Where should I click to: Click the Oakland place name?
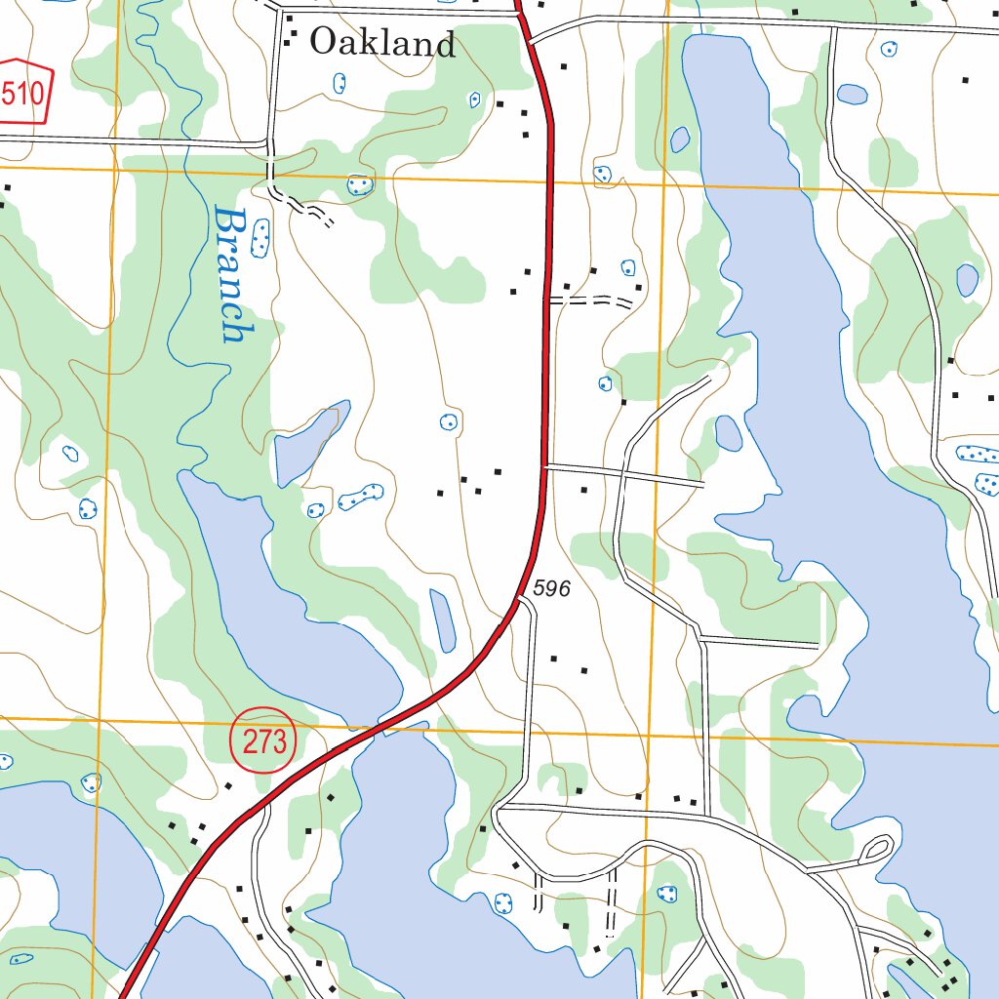point(382,43)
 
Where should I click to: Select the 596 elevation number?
point(551,589)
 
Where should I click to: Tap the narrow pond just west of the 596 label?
point(443,620)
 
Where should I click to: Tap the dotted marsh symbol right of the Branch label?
point(260,238)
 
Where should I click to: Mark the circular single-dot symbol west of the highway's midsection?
point(448,421)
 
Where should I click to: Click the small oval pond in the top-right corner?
point(852,94)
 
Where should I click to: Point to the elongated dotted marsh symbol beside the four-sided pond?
point(360,497)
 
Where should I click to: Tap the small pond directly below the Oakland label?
point(340,84)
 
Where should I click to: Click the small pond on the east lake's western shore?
point(728,432)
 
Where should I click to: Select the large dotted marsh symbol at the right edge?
point(979,454)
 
